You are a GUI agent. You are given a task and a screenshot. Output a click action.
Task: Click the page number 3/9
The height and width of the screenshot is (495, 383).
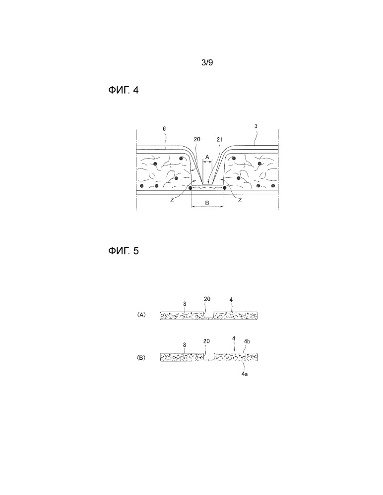207,62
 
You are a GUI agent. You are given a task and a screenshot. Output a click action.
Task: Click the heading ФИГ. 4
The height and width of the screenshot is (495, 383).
123,90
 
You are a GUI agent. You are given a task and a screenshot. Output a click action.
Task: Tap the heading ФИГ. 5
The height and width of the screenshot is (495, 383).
123,251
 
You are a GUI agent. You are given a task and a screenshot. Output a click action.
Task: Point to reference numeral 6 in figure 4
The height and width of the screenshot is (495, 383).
164,129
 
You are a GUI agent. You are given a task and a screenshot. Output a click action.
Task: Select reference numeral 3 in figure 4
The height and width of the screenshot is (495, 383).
256,126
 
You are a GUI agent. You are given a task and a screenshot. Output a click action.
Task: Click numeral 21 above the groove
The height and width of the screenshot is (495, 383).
220,139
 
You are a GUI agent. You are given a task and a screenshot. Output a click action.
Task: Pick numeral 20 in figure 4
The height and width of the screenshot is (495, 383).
196,139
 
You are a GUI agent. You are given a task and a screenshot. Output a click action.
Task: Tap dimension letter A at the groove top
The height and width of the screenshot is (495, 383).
207,157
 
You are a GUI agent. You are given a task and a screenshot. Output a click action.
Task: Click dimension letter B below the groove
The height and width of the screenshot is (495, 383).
207,203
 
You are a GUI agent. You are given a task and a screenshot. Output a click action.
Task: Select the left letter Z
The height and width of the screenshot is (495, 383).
172,200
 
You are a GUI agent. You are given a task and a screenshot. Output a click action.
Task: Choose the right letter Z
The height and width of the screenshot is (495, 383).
240,200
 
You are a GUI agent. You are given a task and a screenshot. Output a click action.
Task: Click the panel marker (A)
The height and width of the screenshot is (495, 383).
141,315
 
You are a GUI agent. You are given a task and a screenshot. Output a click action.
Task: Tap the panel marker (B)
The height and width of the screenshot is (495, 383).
141,358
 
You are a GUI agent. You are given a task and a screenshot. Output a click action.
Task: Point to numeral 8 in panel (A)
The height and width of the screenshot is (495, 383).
185,304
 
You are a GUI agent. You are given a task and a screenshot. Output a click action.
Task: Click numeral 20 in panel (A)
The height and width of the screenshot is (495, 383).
207,299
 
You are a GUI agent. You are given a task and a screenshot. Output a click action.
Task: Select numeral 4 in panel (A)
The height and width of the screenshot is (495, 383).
231,300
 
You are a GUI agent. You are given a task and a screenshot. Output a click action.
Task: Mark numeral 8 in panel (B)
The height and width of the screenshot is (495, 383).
185,345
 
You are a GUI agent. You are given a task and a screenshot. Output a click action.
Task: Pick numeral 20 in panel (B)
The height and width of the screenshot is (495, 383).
206,341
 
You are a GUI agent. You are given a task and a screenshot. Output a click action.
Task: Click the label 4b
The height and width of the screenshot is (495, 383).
247,341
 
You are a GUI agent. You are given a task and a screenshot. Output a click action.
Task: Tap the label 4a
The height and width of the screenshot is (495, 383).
245,374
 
